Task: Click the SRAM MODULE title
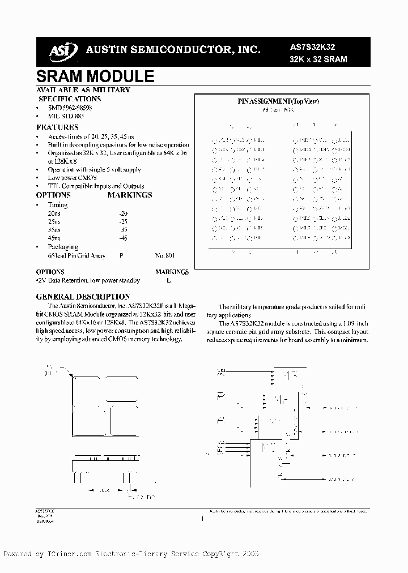pyautogui.click(x=95, y=77)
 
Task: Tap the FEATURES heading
pyautogui.click(x=57, y=127)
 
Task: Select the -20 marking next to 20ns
pyautogui.click(x=124, y=213)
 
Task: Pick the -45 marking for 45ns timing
pyautogui.click(x=124, y=238)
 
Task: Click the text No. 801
pyautogui.click(x=164, y=256)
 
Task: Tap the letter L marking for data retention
pyautogui.click(x=168, y=280)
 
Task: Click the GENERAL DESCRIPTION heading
pyautogui.click(x=83, y=297)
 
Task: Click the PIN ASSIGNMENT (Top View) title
pyautogui.click(x=278, y=101)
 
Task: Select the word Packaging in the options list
pyautogui.click(x=63, y=247)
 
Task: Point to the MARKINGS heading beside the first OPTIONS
pyautogui.click(x=130, y=195)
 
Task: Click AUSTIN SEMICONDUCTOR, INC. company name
pyautogui.click(x=173, y=50)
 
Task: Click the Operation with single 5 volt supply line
pyautogui.click(x=94, y=169)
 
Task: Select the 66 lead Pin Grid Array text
pyautogui.click(x=77, y=256)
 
